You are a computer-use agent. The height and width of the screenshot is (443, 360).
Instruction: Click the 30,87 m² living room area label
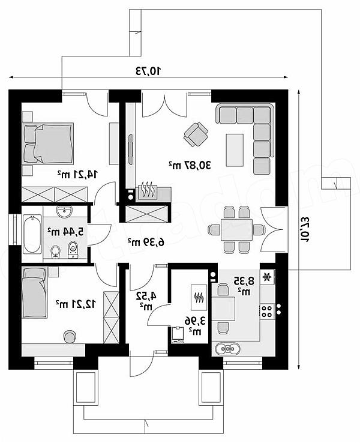[x=190, y=164]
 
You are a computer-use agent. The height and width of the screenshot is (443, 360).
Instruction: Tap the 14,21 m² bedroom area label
[x=77, y=174]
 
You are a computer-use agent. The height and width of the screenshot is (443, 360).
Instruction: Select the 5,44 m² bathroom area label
[x=65, y=232]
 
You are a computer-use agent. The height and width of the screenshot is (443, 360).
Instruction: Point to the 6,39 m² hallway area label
[x=146, y=242]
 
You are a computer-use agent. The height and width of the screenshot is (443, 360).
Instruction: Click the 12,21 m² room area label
[x=76, y=304]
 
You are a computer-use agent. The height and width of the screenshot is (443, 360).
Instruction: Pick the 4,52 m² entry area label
[x=146, y=301]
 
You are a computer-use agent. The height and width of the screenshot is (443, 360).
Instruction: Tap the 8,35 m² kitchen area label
[x=244, y=286]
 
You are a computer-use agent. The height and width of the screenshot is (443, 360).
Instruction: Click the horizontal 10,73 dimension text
[x=149, y=71]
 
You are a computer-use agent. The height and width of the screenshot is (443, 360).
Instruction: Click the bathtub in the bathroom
[x=32, y=234]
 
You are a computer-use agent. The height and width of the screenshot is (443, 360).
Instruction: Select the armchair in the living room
[x=196, y=134]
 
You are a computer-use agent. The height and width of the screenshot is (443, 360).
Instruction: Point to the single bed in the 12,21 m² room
[x=34, y=292]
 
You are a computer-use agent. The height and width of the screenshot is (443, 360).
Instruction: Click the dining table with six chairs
[x=236, y=229]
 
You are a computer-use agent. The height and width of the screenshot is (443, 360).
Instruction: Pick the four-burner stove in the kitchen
[x=267, y=312]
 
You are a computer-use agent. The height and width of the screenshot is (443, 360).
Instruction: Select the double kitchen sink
[x=227, y=348]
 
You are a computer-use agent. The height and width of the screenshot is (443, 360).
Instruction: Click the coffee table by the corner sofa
[x=235, y=149]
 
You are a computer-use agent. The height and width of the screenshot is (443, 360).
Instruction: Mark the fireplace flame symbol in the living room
[x=148, y=190]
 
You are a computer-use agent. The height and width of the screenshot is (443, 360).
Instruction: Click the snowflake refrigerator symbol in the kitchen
[x=266, y=277]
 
